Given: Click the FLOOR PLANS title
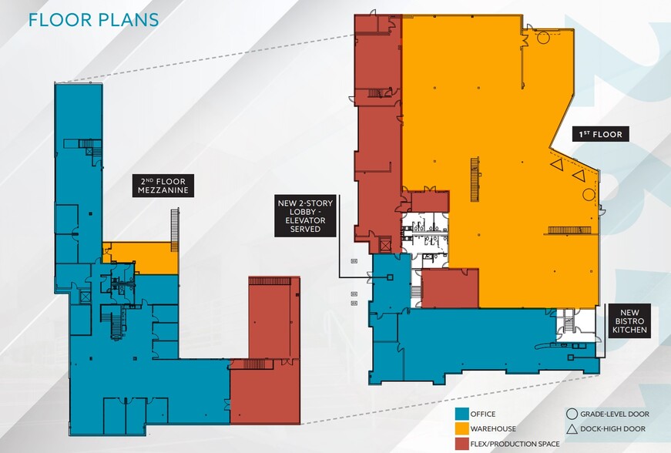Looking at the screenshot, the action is coord(94,20).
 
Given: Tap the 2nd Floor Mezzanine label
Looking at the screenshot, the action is coord(163,186).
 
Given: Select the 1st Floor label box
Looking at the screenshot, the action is coord(601,134).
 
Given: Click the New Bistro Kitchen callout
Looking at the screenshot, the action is coord(629,321).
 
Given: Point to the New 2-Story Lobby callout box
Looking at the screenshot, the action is coord(305,216).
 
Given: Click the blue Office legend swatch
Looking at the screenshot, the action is coord(461,414).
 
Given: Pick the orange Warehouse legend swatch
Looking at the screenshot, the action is coord(461,428).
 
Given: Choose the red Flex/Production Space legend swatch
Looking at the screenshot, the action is coord(461,444).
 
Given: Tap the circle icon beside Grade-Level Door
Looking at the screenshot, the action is coord(572,414).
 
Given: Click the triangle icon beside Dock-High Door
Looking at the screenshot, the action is coord(572,429).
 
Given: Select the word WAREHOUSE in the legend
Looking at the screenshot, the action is coord(493,428).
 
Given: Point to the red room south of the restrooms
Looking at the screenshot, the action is coord(450,288).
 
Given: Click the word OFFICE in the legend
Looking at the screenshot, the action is coord(483,414).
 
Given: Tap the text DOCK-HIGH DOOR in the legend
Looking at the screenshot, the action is coord(612,428).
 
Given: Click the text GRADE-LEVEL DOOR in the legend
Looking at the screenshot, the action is coord(615,414).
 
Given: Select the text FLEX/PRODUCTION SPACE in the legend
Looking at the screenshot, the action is coord(515,444).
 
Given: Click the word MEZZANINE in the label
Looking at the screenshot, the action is coord(163,190).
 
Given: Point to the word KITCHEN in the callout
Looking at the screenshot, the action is coord(629,330).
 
